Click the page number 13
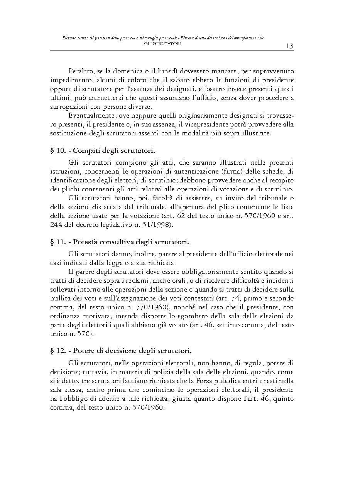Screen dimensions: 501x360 (x=290, y=46)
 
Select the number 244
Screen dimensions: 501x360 (x=56, y=224)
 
